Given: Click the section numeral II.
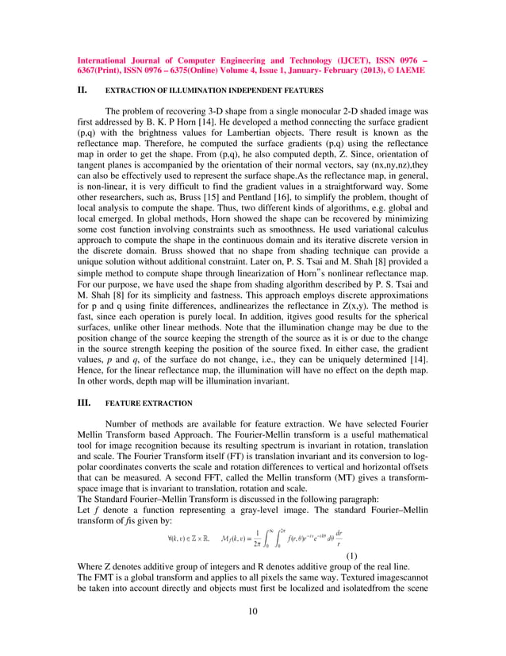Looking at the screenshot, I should tap(81, 91).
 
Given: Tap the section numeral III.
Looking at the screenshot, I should tap(82, 403).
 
